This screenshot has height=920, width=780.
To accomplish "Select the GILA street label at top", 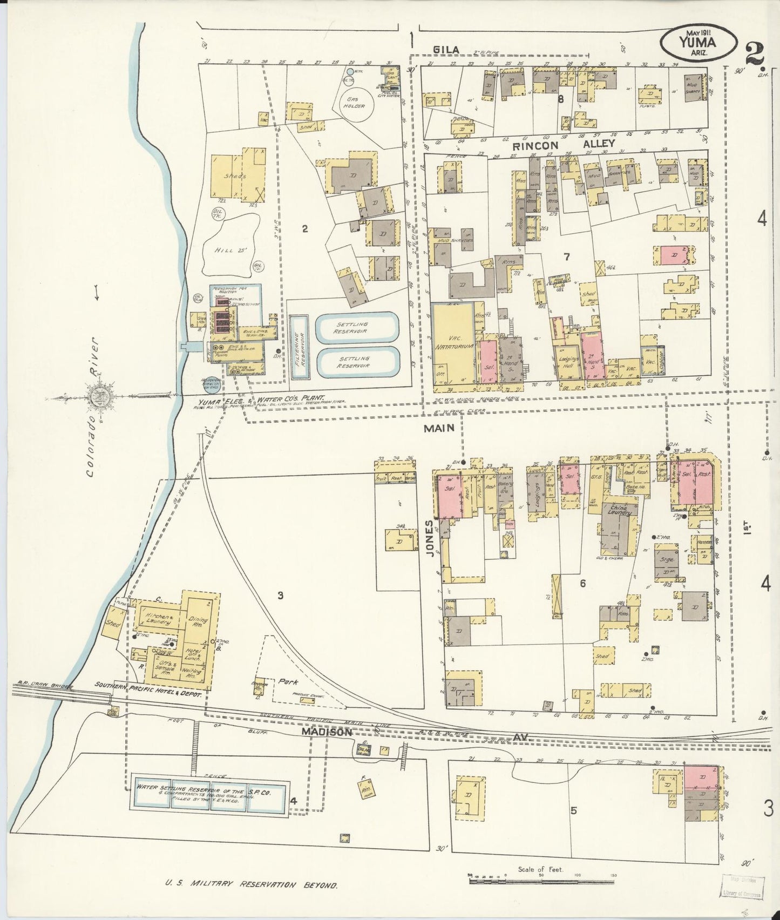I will [x=446, y=50].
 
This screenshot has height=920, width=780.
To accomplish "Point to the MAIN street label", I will [x=438, y=428].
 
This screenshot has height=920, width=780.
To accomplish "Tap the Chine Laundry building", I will [x=620, y=510].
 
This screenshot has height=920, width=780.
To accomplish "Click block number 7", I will [x=567, y=257].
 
